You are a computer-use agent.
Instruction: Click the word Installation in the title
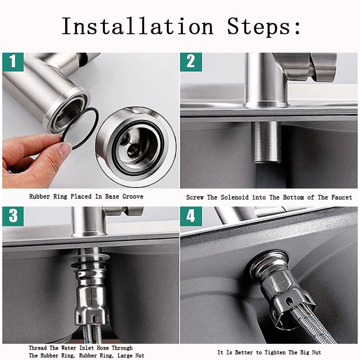coord(138,27)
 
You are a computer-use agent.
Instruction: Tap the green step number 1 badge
coord(13,62)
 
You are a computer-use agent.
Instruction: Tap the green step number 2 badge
coord(191,62)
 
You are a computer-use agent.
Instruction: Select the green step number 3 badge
coord(13,216)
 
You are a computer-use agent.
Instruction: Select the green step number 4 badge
coord(191,216)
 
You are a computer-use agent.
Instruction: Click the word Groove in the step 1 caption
coord(133,197)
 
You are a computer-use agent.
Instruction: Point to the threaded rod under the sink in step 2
coord(266,142)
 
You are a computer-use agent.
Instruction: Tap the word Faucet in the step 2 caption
coord(342,198)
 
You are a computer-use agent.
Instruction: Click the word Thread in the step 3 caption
coord(37,348)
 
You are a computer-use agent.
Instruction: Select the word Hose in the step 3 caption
coord(102,348)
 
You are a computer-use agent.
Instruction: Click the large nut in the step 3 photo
coord(91,306)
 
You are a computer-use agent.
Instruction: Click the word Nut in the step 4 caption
coord(316,352)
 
